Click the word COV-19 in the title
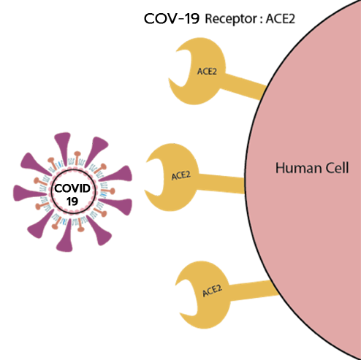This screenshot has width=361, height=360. [172, 18]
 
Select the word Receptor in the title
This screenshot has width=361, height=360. [231, 19]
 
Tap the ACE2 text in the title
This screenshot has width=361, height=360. [281, 19]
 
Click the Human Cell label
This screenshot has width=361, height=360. [312, 168]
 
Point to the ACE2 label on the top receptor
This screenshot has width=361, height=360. [207, 72]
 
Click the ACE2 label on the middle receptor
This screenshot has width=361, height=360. [180, 175]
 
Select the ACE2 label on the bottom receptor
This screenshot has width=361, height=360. [212, 291]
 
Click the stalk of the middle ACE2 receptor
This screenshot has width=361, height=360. [221, 183]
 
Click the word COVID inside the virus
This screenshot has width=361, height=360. [72, 188]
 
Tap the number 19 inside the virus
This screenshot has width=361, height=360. [72, 202]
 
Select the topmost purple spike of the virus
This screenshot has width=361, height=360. [63, 148]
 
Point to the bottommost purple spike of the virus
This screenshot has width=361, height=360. [65, 236]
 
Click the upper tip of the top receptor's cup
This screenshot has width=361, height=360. [176, 51]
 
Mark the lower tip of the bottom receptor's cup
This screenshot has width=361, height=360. [180, 313]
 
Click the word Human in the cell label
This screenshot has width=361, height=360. [297, 168]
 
